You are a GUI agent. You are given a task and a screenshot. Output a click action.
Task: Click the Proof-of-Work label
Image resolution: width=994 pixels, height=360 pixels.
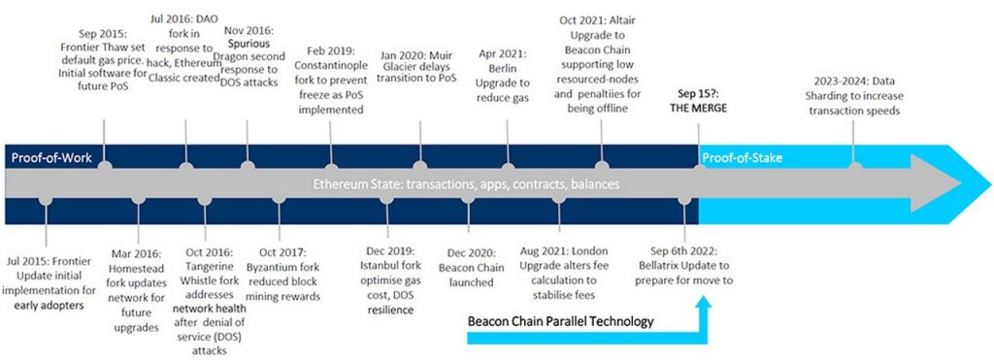click(x=50, y=157)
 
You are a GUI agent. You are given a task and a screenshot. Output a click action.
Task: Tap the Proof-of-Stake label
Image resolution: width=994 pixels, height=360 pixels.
click(x=743, y=157)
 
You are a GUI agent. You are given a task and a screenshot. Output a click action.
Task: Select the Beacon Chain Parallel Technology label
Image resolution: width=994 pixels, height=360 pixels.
click(x=560, y=321)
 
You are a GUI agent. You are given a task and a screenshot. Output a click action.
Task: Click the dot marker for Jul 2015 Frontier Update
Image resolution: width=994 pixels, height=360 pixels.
click(x=46, y=200)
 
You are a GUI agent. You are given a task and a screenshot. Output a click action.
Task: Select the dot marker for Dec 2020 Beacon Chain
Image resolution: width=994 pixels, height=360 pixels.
click(x=468, y=200)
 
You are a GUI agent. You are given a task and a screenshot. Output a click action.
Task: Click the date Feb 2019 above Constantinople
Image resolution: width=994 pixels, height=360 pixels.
click(x=334, y=49)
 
